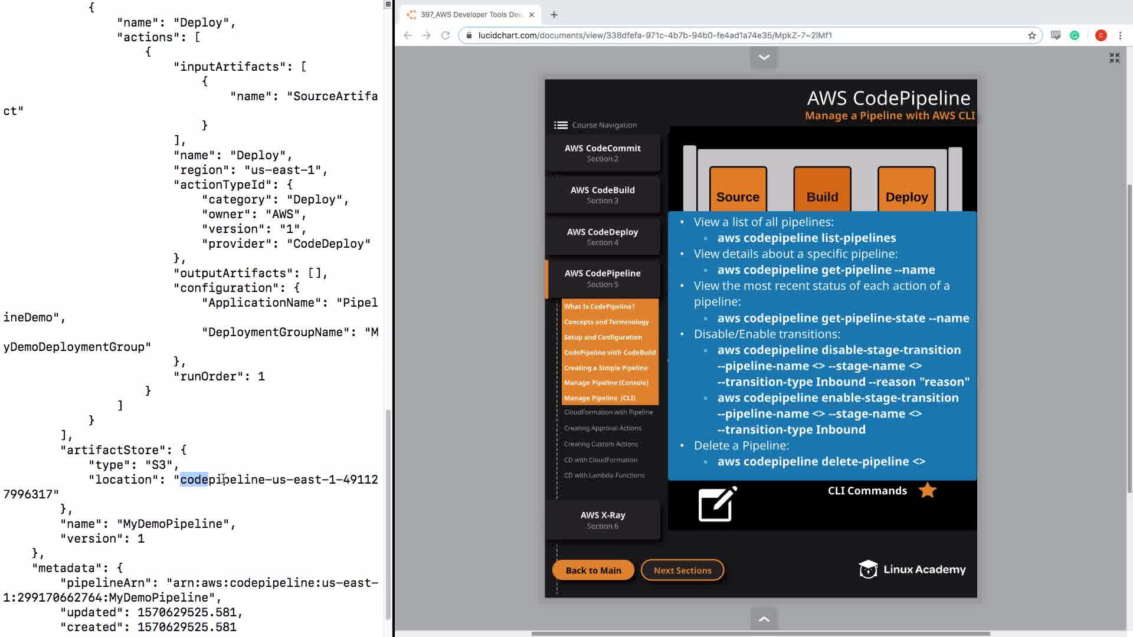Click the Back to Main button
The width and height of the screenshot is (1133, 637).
pyautogui.click(x=593, y=570)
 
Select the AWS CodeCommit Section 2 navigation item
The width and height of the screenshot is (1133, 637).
pyautogui.click(x=602, y=153)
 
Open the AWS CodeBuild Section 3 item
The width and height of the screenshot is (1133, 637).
pyautogui.click(x=602, y=195)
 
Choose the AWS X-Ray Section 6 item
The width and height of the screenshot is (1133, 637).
pyautogui.click(x=602, y=520)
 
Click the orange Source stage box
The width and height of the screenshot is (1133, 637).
pyautogui.click(x=738, y=189)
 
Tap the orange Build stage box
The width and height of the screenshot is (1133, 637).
pyautogui.click(x=822, y=189)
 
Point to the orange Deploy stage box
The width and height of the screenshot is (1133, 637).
pyautogui.click(x=906, y=189)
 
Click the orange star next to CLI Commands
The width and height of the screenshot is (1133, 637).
pyautogui.click(x=928, y=490)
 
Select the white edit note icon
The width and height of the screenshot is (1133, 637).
pyautogui.click(x=718, y=504)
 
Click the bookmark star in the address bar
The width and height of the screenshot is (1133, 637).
pyautogui.click(x=1032, y=35)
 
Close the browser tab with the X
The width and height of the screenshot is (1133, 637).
pyautogui.click(x=532, y=15)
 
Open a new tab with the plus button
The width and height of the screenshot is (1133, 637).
pyautogui.click(x=554, y=15)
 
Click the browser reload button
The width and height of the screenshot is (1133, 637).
pyautogui.click(x=446, y=35)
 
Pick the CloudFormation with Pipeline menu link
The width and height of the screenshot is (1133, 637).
pyautogui.click(x=608, y=412)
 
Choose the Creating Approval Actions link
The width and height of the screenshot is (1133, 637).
pyautogui.click(x=602, y=428)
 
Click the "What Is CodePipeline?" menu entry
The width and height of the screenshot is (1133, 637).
pyautogui.click(x=599, y=307)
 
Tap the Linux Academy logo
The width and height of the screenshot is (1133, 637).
pyautogui.click(x=912, y=569)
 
